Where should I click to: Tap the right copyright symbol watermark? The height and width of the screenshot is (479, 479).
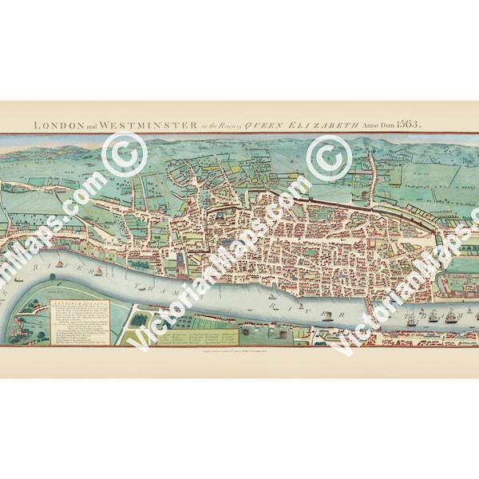click(330, 157)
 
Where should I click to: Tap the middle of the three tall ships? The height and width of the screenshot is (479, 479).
click(450, 315)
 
